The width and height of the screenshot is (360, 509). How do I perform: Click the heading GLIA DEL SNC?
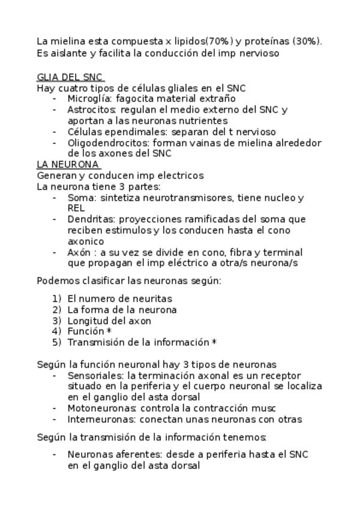70,77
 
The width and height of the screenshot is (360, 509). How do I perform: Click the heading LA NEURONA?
68,164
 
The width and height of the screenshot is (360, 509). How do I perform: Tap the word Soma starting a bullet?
81,197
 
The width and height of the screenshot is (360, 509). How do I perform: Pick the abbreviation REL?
76,208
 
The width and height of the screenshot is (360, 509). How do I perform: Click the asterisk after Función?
109,331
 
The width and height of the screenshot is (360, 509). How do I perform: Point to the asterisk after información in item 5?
214,342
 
